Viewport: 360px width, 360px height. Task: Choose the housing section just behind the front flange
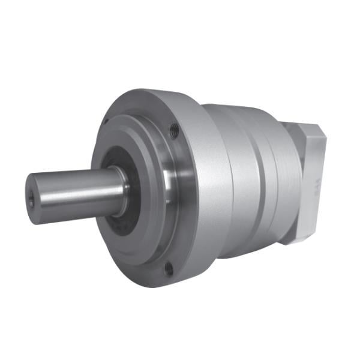point(240,180)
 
